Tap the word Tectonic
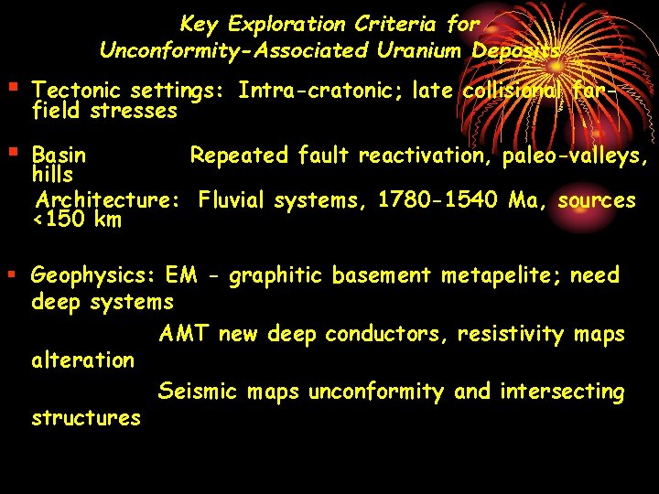coord(77,91)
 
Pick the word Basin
coord(59,156)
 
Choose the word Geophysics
coord(94,275)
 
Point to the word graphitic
coord(271,275)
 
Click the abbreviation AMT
coord(185,334)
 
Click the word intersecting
coord(562,392)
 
